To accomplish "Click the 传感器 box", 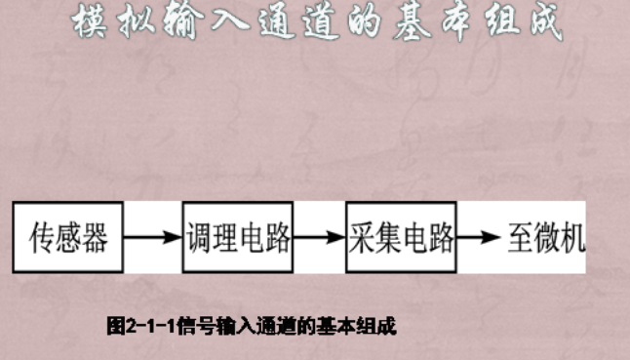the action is tap(68, 237).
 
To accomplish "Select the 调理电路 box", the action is tap(237, 237).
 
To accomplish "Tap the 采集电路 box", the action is tap(401, 237).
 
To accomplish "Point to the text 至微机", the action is tap(545, 237).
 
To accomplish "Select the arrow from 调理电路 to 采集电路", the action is tap(319, 237).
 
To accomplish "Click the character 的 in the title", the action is tap(341, 23).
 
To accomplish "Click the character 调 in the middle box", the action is tap(198, 237).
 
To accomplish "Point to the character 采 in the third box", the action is tap(363, 237).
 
